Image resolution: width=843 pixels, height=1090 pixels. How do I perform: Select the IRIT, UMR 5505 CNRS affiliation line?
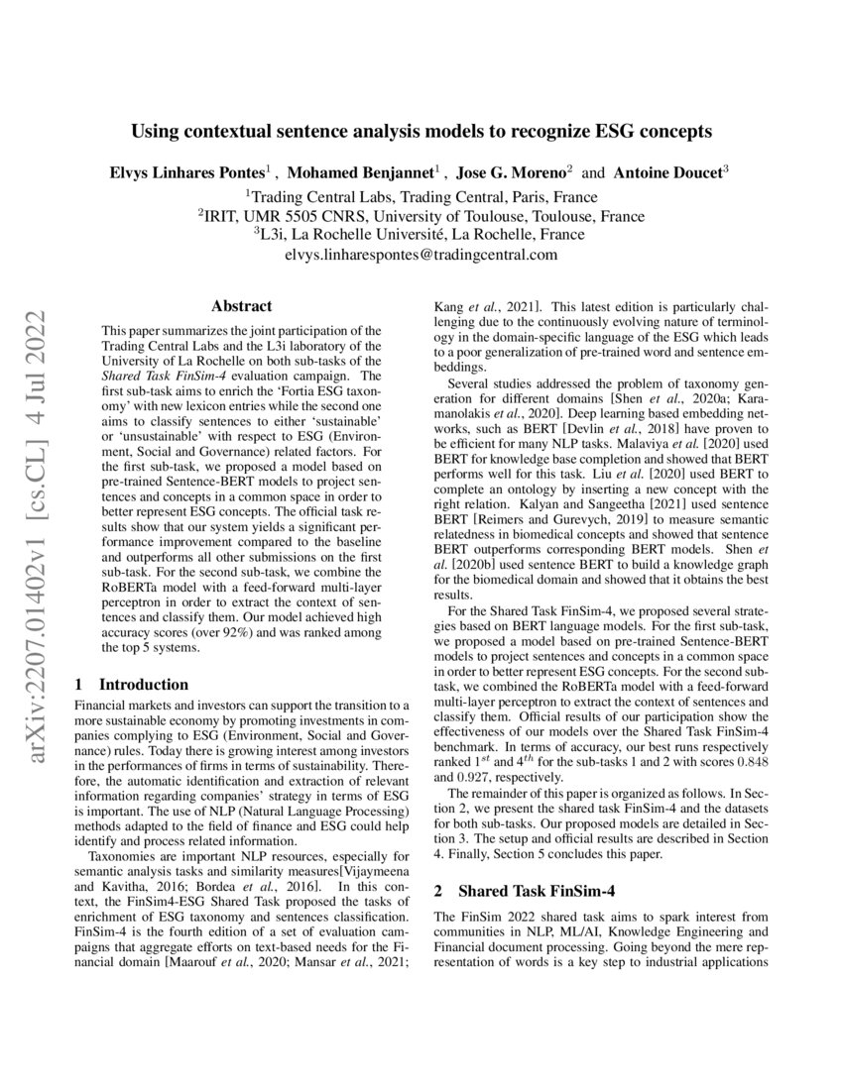click(x=421, y=215)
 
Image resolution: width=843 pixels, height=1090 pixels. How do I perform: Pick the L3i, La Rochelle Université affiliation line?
click(x=421, y=235)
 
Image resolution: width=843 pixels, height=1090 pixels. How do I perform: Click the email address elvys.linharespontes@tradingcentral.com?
click(x=421, y=255)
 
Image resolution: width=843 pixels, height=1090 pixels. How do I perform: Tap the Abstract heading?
click(x=241, y=307)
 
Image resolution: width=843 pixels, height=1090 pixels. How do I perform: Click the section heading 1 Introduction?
click(x=132, y=684)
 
